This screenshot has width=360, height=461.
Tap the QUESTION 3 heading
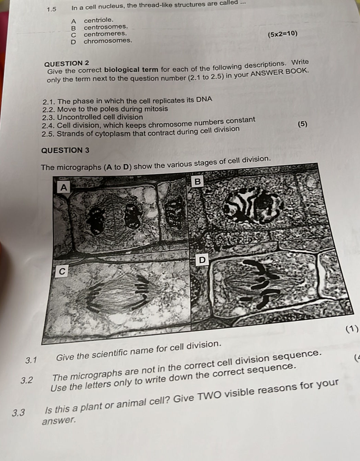click(66, 151)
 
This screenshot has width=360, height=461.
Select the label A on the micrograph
click(64, 187)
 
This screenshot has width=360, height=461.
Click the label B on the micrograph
click(197, 181)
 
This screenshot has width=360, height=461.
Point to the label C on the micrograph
click(62, 271)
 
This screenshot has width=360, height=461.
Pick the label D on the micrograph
click(202, 260)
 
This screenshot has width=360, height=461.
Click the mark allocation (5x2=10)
click(282, 34)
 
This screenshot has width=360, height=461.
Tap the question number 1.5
click(51, 9)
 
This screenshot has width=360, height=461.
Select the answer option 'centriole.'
click(99, 20)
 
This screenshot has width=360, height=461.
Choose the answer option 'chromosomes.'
click(108, 41)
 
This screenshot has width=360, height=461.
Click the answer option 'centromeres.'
click(105, 34)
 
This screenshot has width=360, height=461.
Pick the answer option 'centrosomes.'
click(106, 27)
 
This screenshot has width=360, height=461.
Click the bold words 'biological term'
click(131, 70)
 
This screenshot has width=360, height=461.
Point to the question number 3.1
click(31, 360)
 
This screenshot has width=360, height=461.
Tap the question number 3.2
click(27, 380)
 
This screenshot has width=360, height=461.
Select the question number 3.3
click(18, 413)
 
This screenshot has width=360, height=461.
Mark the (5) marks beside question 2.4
click(303, 124)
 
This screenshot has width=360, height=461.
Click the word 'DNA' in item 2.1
click(204, 99)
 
